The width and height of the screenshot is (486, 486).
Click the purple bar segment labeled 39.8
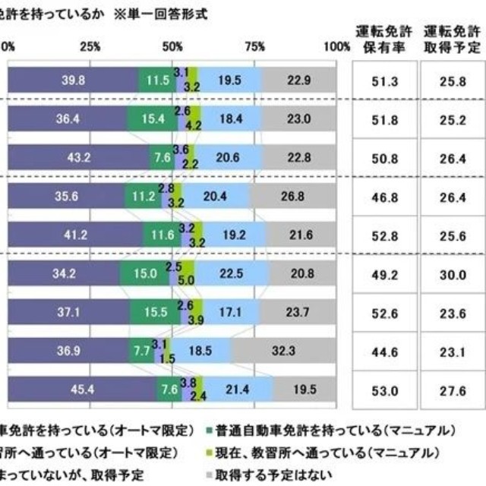[x=73, y=79]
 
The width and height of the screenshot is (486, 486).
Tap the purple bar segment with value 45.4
[x=81, y=389]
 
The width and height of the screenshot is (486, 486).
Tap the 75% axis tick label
[x=255, y=46]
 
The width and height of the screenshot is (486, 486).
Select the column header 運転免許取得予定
[x=451, y=39]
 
